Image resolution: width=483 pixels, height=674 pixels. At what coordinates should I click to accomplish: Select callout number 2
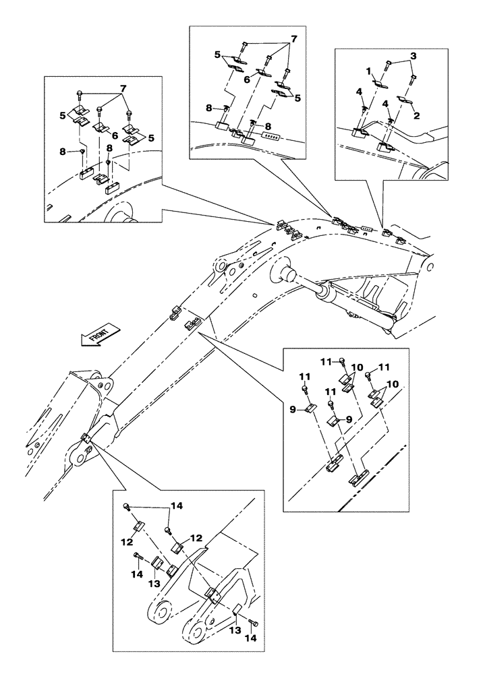tap(417, 116)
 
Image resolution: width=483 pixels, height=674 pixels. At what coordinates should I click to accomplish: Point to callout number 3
tap(413, 56)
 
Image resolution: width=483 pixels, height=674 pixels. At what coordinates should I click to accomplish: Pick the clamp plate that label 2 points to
tap(405, 100)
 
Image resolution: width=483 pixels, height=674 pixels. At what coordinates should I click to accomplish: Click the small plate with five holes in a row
tap(271, 136)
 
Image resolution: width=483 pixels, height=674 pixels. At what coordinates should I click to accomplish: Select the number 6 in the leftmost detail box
tap(116, 135)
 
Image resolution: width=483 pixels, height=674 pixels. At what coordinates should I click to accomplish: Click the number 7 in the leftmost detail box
tap(123, 88)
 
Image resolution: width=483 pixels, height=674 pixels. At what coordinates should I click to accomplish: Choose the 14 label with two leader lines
tap(177, 506)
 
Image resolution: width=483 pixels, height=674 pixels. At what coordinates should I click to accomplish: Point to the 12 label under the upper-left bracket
tap(127, 543)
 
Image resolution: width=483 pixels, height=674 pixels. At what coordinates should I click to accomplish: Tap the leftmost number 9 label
tap(293, 410)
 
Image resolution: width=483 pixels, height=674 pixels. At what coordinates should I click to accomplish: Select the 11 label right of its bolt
tap(384, 367)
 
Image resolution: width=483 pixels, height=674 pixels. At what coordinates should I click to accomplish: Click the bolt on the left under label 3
tap(388, 65)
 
